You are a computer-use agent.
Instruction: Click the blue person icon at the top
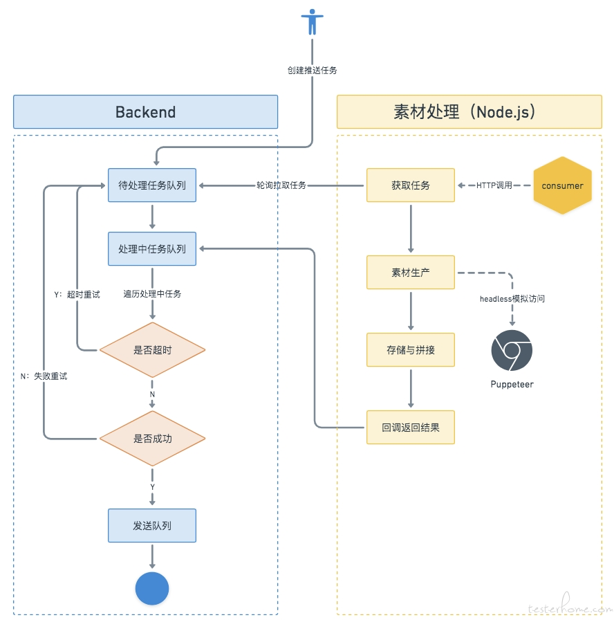point(312,22)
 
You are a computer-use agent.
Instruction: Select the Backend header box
point(145,112)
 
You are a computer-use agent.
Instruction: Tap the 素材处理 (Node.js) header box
point(469,112)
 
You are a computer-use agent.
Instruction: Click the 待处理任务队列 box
point(152,185)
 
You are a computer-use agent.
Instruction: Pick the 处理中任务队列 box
point(152,248)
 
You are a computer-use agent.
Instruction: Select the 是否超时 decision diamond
point(152,350)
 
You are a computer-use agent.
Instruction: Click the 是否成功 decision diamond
point(152,439)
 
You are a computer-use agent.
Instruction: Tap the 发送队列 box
point(152,526)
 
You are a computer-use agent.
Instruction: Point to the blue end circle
point(152,589)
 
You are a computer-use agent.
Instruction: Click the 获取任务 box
point(411,185)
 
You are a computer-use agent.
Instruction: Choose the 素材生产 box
point(411,273)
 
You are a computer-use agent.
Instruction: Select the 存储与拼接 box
point(411,350)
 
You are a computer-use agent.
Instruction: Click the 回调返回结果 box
point(411,427)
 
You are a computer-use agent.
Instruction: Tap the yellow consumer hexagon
point(562,185)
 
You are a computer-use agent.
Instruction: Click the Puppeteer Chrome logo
point(512,350)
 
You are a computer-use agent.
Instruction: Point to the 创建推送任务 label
point(313,70)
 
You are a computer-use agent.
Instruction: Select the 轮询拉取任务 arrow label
point(281,185)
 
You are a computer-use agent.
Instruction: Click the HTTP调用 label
point(494,185)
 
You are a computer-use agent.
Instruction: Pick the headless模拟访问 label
point(512,299)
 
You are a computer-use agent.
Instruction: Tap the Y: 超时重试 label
point(77,294)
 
